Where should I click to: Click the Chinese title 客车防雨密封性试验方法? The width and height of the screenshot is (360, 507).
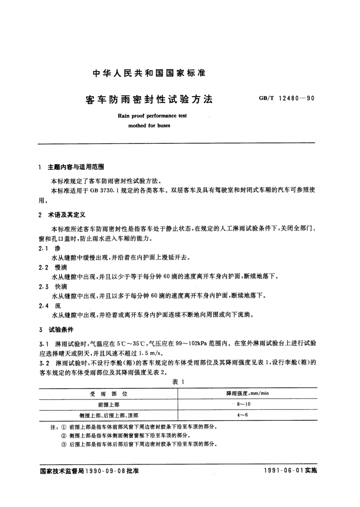click(x=149, y=100)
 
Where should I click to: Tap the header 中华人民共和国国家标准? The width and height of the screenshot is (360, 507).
click(x=149, y=74)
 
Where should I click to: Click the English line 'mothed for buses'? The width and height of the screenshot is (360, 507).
click(x=149, y=126)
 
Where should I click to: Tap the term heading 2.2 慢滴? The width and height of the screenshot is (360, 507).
click(x=52, y=268)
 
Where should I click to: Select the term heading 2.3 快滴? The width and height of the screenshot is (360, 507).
click(x=52, y=288)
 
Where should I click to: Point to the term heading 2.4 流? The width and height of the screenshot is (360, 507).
click(x=49, y=306)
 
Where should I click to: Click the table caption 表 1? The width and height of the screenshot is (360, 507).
click(x=180, y=382)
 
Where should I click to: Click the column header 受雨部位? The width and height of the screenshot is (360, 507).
click(x=108, y=393)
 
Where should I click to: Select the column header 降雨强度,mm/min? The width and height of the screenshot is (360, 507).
click(x=247, y=393)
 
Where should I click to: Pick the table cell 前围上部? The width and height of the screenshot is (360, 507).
click(x=108, y=404)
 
